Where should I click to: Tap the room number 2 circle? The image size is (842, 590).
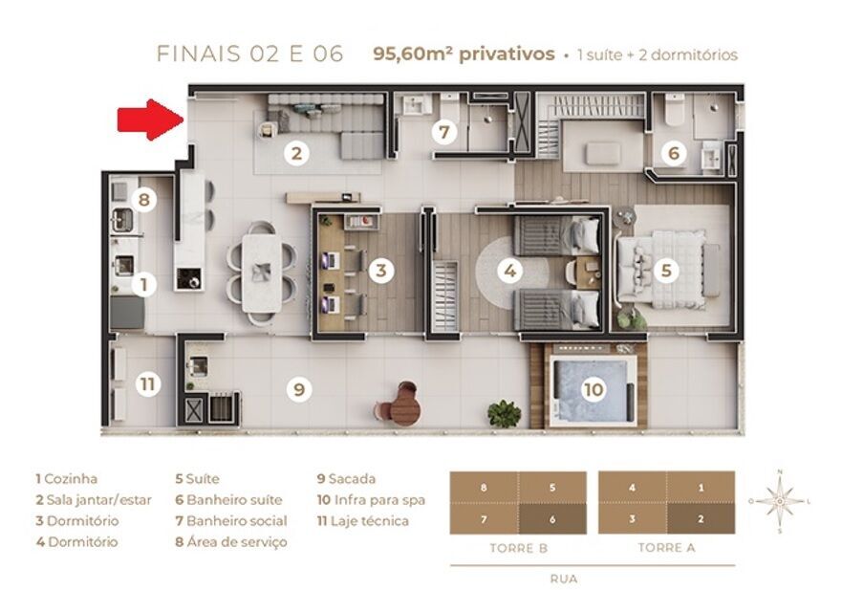click(x=297, y=152)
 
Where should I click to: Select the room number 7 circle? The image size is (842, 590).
click(x=443, y=132)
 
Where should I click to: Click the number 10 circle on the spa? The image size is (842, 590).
click(x=593, y=389)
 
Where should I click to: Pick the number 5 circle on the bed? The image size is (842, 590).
click(x=667, y=271)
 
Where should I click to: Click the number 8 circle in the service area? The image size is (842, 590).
click(x=144, y=200)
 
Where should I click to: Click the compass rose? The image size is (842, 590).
click(x=781, y=499)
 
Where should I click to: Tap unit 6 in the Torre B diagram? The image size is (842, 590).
click(x=552, y=517)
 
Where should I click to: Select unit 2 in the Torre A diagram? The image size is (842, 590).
click(x=701, y=517)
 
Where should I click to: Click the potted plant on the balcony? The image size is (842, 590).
click(x=504, y=413)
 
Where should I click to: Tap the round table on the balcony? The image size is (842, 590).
click(x=404, y=407)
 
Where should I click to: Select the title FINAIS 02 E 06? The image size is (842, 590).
click(x=249, y=55)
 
